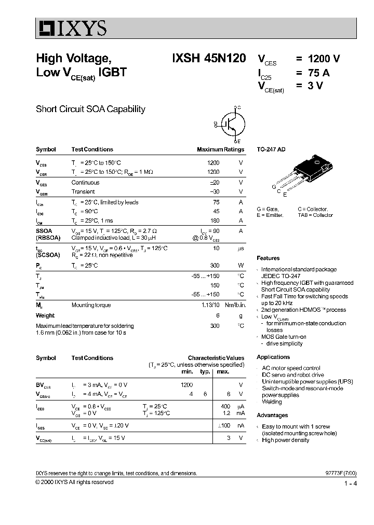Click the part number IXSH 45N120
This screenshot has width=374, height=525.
(209, 59)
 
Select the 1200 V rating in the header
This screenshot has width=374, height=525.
(324, 59)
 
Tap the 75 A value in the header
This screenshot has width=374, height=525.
(318, 73)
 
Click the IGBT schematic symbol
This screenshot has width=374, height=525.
(231, 124)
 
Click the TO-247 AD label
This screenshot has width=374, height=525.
(271, 149)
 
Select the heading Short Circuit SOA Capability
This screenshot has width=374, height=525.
(90, 109)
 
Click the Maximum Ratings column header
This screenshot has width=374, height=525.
(220, 149)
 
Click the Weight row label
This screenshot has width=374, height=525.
(45, 315)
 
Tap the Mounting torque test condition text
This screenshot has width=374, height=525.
(91, 305)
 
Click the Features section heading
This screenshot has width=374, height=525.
(268, 258)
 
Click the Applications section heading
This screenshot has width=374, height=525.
(273, 357)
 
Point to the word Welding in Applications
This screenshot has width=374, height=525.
(272, 402)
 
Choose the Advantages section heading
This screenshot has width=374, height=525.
(272, 415)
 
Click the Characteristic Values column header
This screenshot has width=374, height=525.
(216, 358)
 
